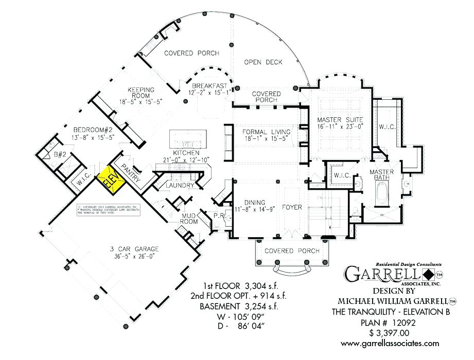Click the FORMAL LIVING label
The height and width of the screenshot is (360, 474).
click(x=266, y=132)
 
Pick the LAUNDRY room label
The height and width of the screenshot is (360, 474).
click(x=179, y=185)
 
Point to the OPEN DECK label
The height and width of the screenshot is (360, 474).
click(x=263, y=62)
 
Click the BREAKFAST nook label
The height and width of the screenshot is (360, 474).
click(x=209, y=85)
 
